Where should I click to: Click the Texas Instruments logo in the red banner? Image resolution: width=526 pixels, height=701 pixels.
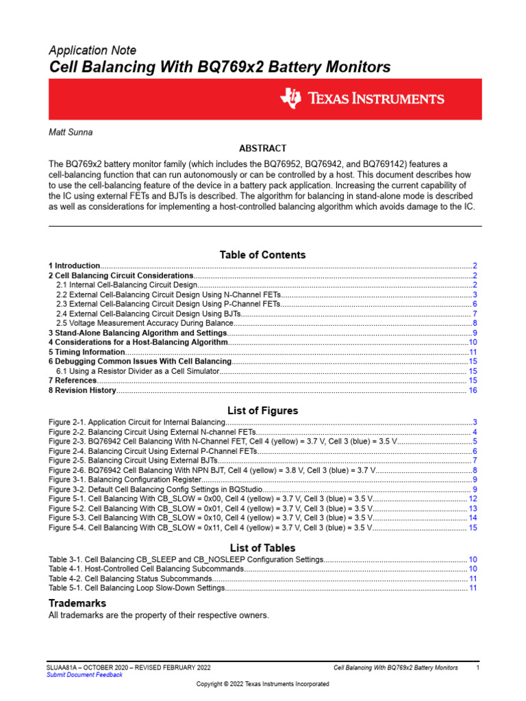pyautogui.click(x=362, y=99)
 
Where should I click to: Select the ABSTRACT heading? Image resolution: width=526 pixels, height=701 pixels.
pyautogui.click(x=262, y=149)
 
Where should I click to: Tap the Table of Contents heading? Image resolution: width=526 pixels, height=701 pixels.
pyautogui.click(x=262, y=255)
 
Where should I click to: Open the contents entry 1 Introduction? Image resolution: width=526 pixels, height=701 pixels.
pyautogui.click(x=75, y=265)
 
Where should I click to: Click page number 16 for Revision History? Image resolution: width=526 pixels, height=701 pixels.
pyautogui.click(x=472, y=390)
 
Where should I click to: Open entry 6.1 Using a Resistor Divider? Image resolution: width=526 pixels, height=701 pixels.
pyautogui.click(x=137, y=370)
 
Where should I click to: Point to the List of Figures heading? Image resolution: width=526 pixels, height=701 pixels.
pyautogui.click(x=262, y=411)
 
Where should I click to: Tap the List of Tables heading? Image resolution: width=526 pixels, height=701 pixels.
pyautogui.click(x=262, y=548)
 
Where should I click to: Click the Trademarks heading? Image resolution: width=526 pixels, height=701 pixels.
pyautogui.click(x=77, y=603)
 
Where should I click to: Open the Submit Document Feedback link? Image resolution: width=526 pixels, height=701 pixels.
pyautogui.click(x=84, y=674)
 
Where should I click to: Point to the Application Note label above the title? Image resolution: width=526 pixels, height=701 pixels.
pyautogui.click(x=92, y=51)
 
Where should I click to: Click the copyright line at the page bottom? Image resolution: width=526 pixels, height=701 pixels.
pyautogui.click(x=262, y=684)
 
